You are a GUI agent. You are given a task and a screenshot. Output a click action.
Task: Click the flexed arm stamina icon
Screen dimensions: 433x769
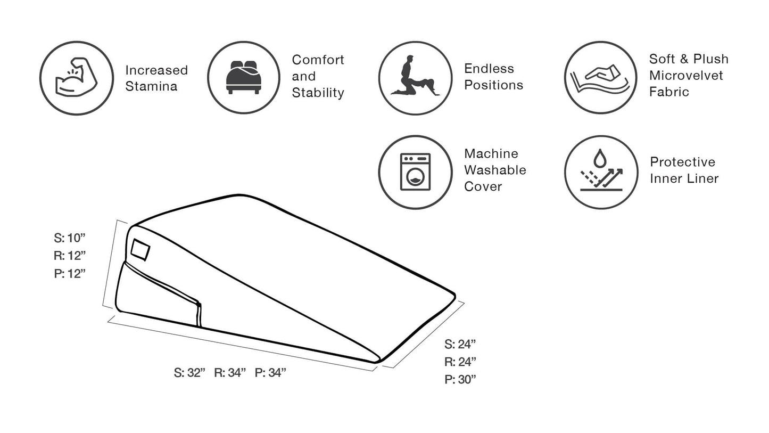tap(76, 78)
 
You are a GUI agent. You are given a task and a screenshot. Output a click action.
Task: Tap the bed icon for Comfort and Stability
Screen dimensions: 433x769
tap(243, 78)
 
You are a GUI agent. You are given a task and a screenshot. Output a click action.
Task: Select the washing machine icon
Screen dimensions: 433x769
tap(415, 172)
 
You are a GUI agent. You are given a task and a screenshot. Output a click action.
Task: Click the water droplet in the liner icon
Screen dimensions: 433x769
tap(600, 158)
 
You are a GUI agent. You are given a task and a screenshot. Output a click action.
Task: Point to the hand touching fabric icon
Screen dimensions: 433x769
tap(600, 78)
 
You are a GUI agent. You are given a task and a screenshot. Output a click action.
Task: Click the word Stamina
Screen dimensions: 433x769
tap(151, 86)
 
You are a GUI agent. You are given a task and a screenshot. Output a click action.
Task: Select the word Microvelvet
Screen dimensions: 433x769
tap(686, 75)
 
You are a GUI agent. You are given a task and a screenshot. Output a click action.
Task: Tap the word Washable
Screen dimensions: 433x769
tap(495, 170)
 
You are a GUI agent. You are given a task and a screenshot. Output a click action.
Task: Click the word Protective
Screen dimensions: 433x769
tap(682, 162)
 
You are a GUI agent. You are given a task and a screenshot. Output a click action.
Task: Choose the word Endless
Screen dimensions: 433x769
tap(489, 68)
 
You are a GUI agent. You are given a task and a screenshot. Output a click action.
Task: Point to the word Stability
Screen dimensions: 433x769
tap(318, 93)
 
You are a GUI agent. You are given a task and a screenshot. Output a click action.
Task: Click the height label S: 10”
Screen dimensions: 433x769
tap(70, 238)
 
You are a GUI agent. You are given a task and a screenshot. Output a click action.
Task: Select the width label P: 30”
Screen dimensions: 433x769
tap(460, 379)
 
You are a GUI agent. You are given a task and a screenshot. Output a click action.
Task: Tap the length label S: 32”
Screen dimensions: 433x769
tap(189, 372)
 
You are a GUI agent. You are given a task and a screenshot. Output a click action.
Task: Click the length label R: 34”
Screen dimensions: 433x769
tap(230, 372)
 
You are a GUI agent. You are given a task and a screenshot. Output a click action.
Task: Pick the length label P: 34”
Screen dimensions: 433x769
tap(270, 372)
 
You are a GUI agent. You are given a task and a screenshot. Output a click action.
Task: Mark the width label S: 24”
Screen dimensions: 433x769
tap(460, 344)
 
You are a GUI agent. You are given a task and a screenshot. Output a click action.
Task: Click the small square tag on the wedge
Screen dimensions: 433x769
tap(140, 250)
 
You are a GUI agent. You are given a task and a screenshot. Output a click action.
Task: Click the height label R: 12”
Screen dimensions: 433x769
tap(70, 255)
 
